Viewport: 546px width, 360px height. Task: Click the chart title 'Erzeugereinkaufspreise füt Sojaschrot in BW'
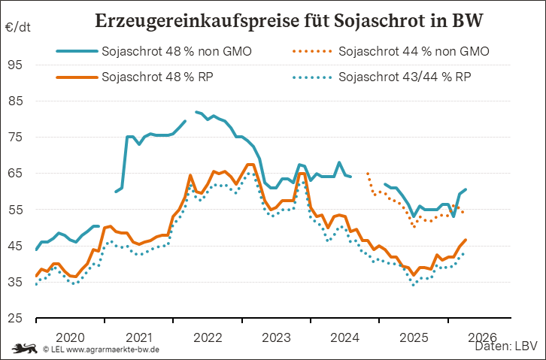click(289, 20)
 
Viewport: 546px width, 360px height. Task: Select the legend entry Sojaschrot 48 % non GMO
click(176, 52)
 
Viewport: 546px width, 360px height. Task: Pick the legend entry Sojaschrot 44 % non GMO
click(414, 52)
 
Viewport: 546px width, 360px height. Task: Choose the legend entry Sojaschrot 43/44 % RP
click(405, 77)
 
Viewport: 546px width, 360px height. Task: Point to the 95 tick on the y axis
click(16, 65)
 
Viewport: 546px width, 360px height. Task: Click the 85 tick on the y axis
click(16, 101)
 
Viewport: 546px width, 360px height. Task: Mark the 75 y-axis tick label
click(16, 137)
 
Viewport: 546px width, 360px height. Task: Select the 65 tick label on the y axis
click(16, 173)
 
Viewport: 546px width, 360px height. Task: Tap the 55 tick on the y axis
click(16, 210)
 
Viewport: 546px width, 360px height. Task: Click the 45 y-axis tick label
click(16, 246)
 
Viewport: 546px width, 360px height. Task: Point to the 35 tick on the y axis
click(16, 282)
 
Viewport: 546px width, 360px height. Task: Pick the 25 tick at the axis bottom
click(16, 318)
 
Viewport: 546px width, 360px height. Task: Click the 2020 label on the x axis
click(70, 336)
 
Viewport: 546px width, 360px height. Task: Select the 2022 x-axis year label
click(208, 336)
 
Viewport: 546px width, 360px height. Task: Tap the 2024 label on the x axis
click(345, 336)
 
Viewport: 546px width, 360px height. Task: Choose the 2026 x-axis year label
click(482, 336)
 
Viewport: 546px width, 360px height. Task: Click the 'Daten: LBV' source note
click(505, 347)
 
